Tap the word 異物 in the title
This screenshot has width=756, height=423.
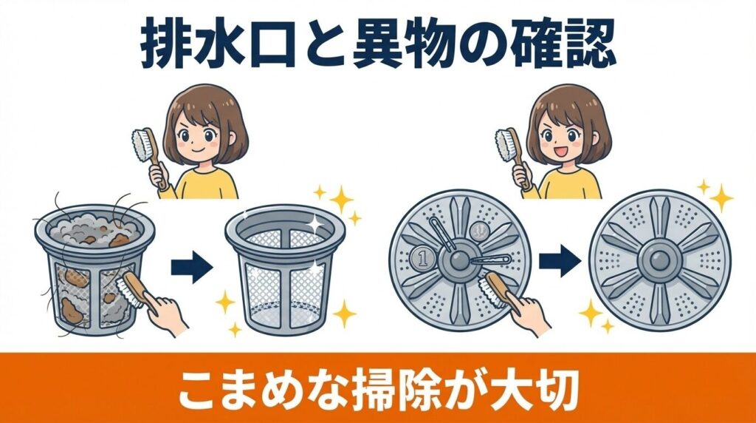click(402, 46)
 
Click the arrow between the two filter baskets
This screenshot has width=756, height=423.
click(191, 267)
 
